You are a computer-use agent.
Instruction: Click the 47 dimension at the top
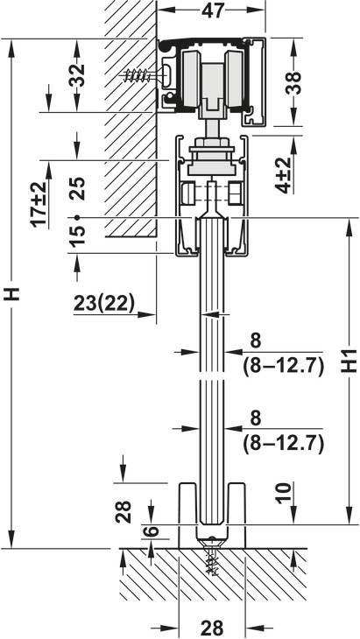pyautogui.click(x=213, y=11)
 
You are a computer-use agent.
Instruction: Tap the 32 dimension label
pyautogui.click(x=77, y=75)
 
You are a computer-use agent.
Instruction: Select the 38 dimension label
pyautogui.click(x=293, y=83)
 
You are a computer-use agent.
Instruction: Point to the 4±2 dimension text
pyautogui.click(x=286, y=175)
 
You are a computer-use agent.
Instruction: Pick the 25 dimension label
pyautogui.click(x=77, y=188)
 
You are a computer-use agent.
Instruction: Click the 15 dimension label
pyautogui.click(x=77, y=236)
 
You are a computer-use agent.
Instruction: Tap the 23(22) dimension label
pyautogui.click(x=104, y=304)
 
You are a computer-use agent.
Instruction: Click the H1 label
pyautogui.click(x=349, y=361)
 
